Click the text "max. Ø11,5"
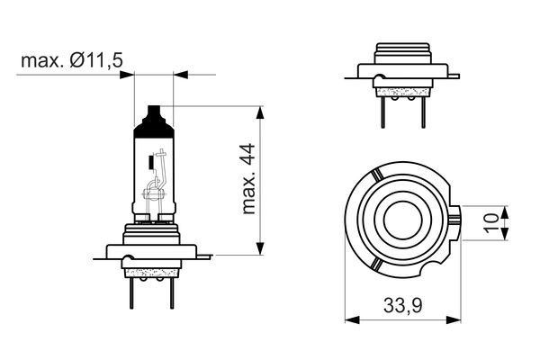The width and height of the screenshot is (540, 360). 71,60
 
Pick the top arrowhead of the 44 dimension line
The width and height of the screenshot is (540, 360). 262,112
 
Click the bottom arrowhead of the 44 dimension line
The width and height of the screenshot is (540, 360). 262,251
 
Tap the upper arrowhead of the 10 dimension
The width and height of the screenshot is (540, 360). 504,211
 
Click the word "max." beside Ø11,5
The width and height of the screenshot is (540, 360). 40,60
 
